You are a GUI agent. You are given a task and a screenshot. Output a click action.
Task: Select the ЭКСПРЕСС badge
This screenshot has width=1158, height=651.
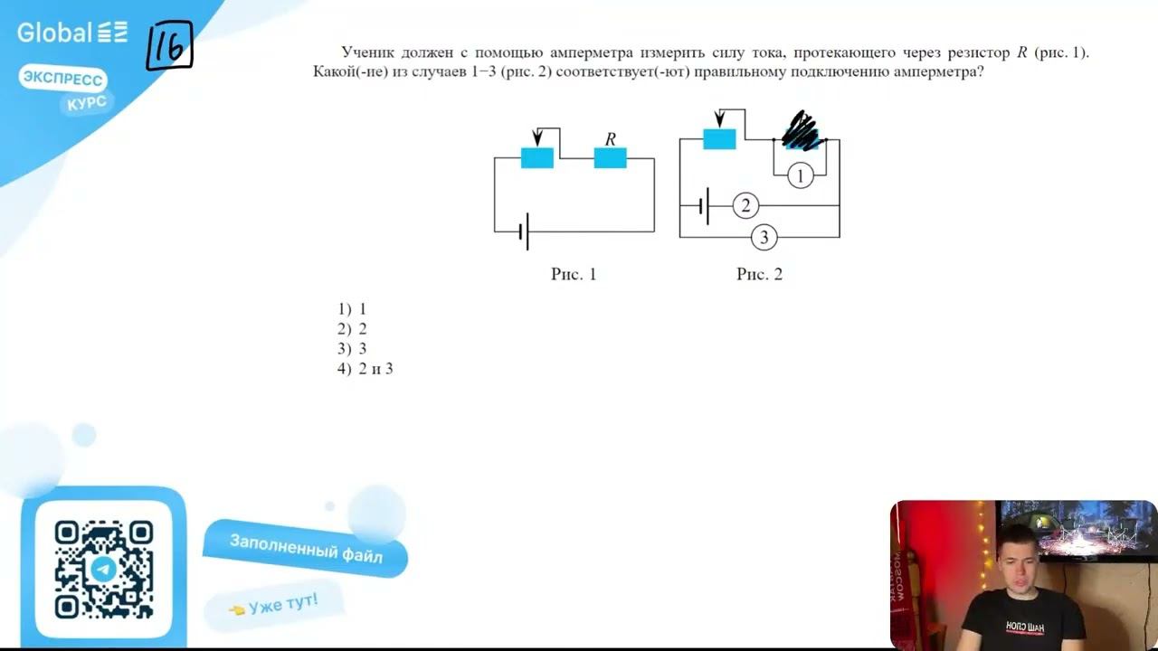[x=62, y=80]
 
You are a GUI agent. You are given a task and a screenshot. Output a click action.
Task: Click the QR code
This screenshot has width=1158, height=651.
[x=103, y=569]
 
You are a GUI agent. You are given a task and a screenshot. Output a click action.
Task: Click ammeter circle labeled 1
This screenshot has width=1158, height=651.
[x=800, y=175]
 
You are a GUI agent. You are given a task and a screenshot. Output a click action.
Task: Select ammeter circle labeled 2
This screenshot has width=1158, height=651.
[x=745, y=206]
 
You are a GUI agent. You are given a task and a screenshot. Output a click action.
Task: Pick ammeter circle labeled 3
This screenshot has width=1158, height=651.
[x=764, y=238]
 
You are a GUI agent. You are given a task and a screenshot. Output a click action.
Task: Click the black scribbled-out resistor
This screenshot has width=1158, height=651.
[x=801, y=131]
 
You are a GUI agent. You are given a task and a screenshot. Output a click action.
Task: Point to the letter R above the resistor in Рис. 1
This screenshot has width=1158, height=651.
[x=611, y=139]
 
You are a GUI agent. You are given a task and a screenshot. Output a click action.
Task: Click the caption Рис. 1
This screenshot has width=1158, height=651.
[x=574, y=274]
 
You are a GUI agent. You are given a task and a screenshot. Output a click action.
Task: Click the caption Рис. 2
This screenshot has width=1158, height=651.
[x=759, y=274]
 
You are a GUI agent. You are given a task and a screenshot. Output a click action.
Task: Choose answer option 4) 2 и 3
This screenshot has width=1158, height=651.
[x=365, y=369]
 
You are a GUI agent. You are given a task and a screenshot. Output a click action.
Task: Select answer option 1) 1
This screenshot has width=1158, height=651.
[x=352, y=309]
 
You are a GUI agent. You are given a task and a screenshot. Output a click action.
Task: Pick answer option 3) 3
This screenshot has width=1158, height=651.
[x=352, y=349]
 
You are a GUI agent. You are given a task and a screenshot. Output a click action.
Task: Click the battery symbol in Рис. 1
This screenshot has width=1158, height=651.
[x=524, y=232]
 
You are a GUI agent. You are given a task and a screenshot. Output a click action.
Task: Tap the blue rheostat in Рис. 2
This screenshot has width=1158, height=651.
[x=719, y=138]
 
